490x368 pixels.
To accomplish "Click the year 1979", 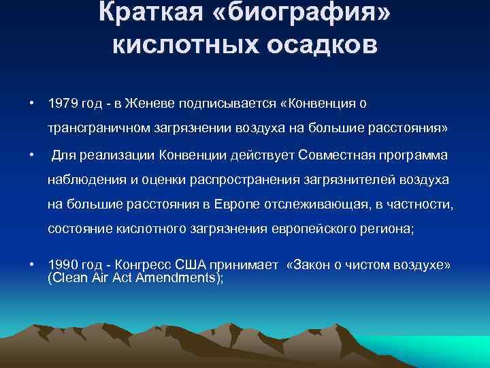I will (63, 103).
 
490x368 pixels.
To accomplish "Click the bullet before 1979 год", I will (31, 103).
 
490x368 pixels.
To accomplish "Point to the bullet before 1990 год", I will (31, 264).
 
